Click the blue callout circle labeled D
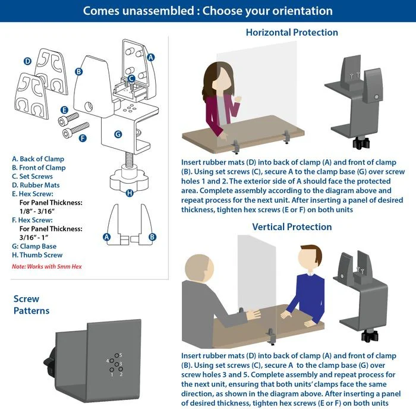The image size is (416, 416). pyautogui.click(x=27, y=61)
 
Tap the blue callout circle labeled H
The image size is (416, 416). pyautogui.click(x=130, y=193)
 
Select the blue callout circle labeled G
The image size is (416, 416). pyautogui.click(x=118, y=134)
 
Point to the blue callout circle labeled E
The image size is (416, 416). pyautogui.click(x=64, y=110)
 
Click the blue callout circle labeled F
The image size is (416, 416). pyautogui.click(x=83, y=138)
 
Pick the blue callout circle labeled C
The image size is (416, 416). pyautogui.click(x=131, y=78)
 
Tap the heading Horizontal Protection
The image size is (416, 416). pyautogui.click(x=292, y=32)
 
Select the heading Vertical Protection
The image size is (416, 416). pyautogui.click(x=292, y=227)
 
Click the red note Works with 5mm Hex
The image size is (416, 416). pyautogui.click(x=47, y=266)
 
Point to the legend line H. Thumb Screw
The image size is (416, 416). pyautogui.click(x=37, y=255)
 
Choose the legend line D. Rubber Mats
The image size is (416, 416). pyautogui.click(x=36, y=185)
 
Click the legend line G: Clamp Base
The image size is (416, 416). pyautogui.click(x=34, y=246)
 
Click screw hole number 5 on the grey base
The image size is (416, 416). pyautogui.click(x=116, y=355)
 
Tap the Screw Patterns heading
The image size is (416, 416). pyautogui.click(x=31, y=304)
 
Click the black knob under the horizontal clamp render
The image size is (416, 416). pyautogui.click(x=361, y=143)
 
